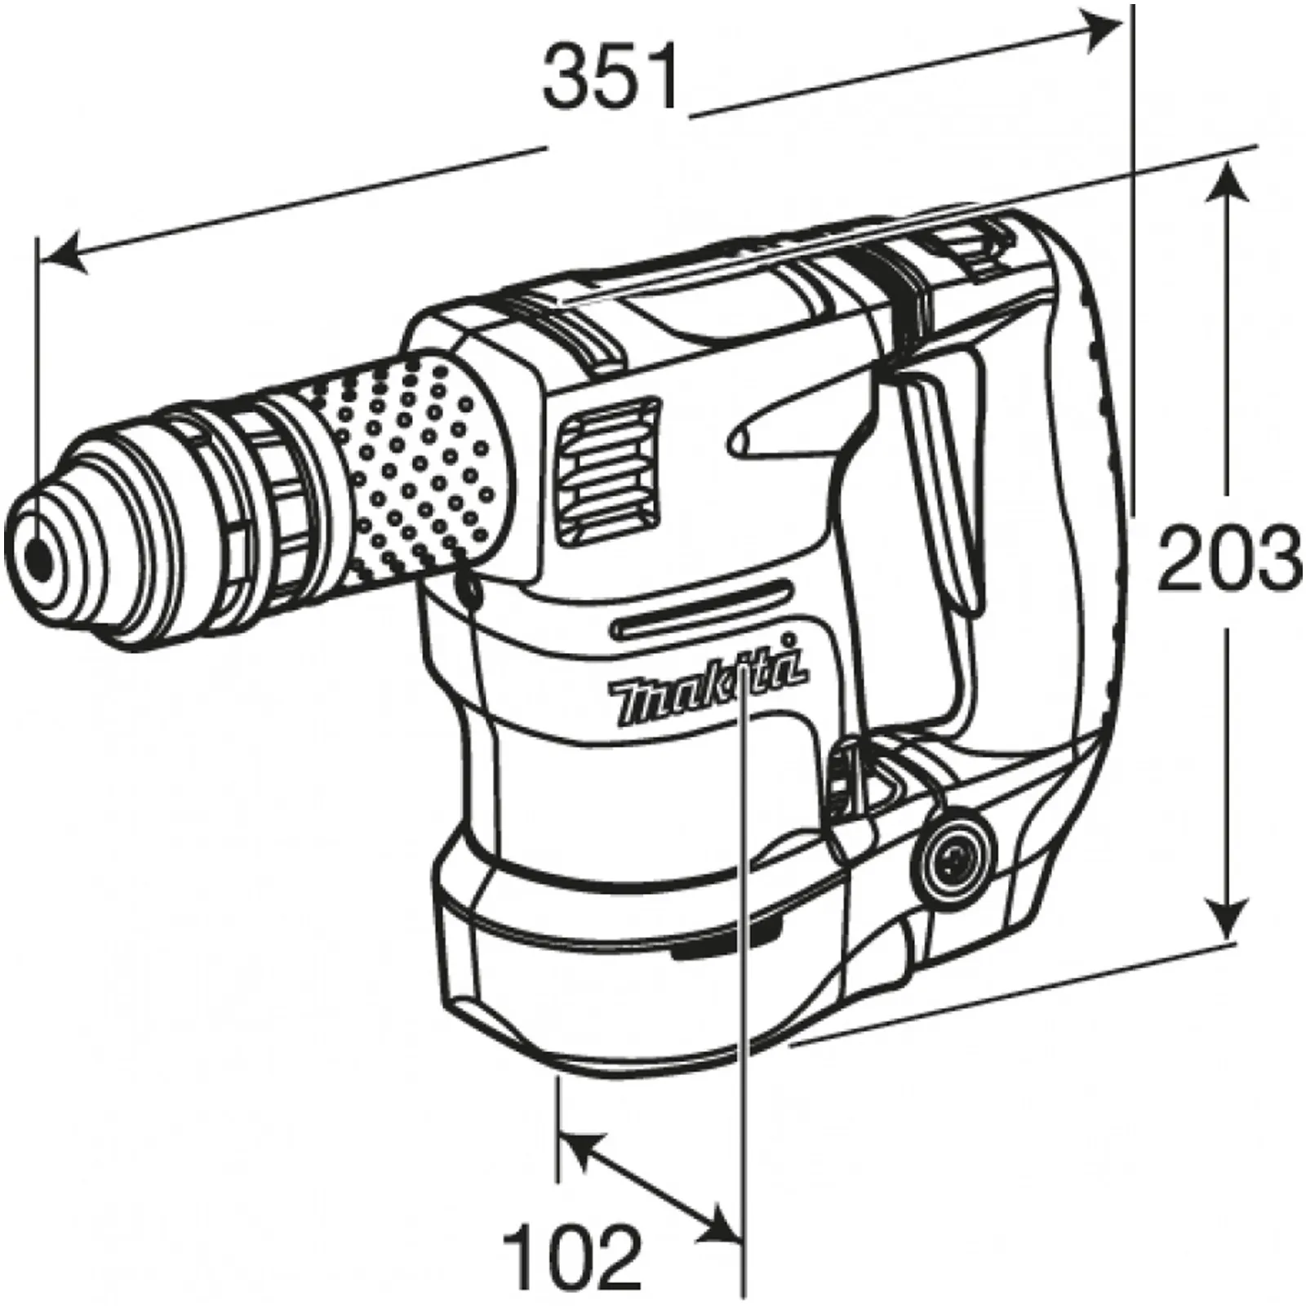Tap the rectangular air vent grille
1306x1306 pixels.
[x=608, y=471]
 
